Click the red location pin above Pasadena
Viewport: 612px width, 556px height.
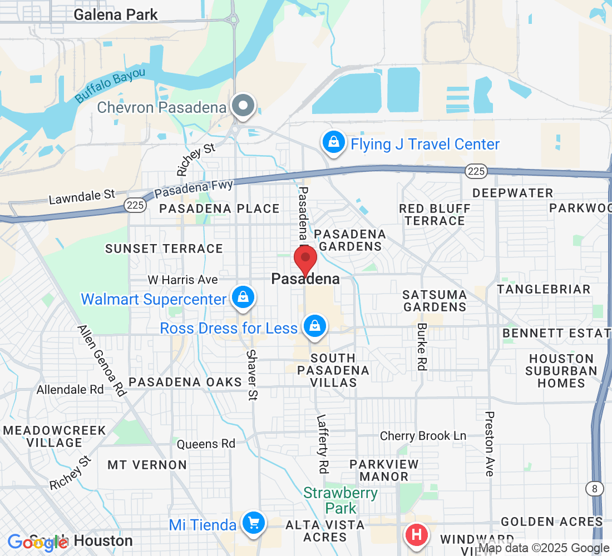coord(305,259)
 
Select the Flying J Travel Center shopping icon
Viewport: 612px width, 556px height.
coord(333,142)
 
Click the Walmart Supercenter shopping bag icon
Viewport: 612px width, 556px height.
coord(243,297)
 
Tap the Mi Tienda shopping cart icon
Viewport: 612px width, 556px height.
coord(254,523)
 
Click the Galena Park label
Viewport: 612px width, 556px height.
coord(116,14)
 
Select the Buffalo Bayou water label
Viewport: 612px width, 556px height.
coord(110,85)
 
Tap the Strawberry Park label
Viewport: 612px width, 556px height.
coord(341,500)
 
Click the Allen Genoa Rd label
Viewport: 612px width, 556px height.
coord(101,361)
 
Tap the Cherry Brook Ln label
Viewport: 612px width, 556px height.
coord(423,436)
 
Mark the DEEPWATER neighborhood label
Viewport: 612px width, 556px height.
coord(512,193)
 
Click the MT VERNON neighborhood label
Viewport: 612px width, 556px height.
coord(147,464)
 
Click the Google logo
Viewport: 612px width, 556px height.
coord(37,542)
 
